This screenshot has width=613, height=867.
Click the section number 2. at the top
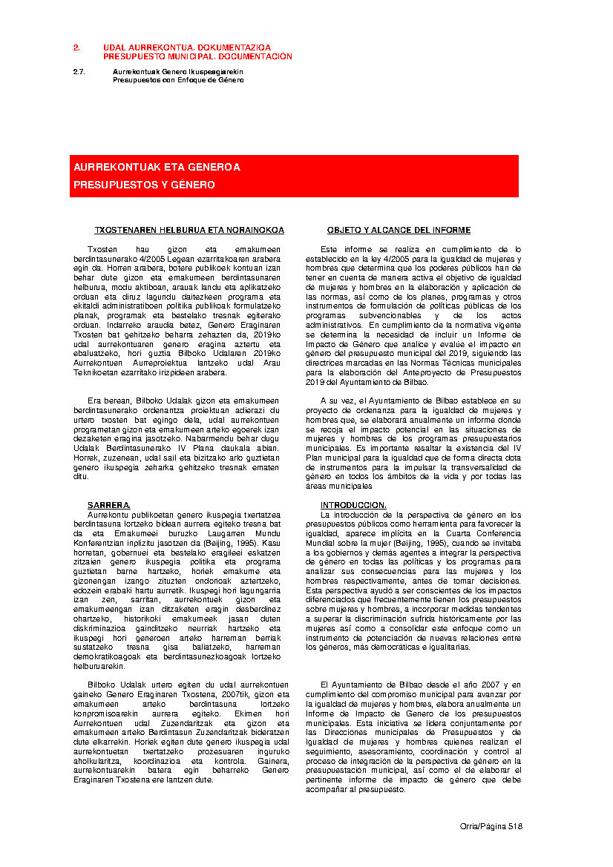(76, 47)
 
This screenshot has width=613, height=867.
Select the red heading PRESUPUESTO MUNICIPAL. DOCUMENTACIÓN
(197, 56)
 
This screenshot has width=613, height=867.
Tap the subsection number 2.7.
(79, 72)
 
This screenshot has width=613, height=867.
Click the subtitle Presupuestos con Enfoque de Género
(178, 79)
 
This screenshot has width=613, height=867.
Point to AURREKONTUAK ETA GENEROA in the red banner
(157, 168)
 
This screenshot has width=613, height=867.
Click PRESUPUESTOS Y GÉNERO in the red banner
(144, 185)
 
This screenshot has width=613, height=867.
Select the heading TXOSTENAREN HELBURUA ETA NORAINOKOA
(189, 231)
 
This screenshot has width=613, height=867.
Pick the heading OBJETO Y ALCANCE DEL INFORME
(399, 231)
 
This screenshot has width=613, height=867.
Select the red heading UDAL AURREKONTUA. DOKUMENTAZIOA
(186, 47)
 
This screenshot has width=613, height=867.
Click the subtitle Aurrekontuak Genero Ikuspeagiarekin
(177, 72)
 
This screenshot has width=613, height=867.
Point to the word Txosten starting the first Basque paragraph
(102, 250)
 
